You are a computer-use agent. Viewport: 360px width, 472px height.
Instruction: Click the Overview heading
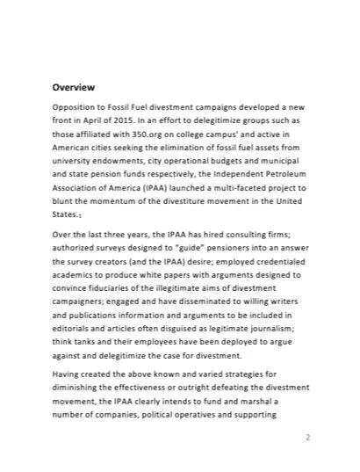click(x=74, y=88)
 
